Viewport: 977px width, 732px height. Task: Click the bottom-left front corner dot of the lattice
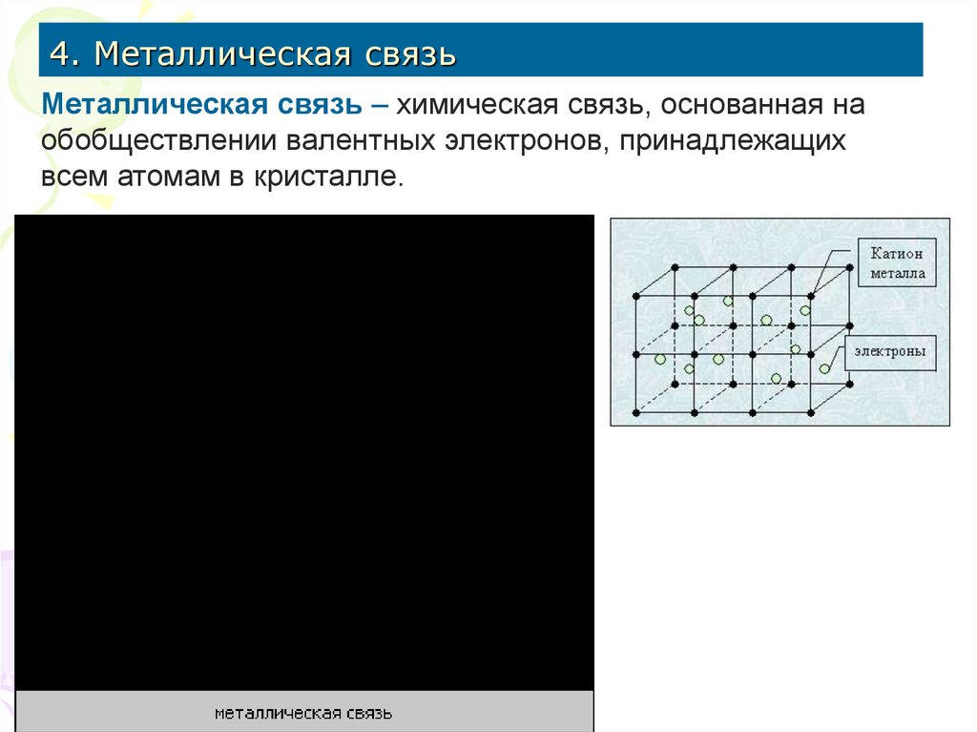pyautogui.click(x=636, y=413)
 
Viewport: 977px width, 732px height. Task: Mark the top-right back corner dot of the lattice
pyautogui.click(x=849, y=266)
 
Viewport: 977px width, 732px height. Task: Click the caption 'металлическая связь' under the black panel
pyautogui.click(x=303, y=713)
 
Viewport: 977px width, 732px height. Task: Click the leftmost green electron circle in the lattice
pyautogui.click(x=659, y=360)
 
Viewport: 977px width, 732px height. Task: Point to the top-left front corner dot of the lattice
pyautogui.click(x=636, y=296)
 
